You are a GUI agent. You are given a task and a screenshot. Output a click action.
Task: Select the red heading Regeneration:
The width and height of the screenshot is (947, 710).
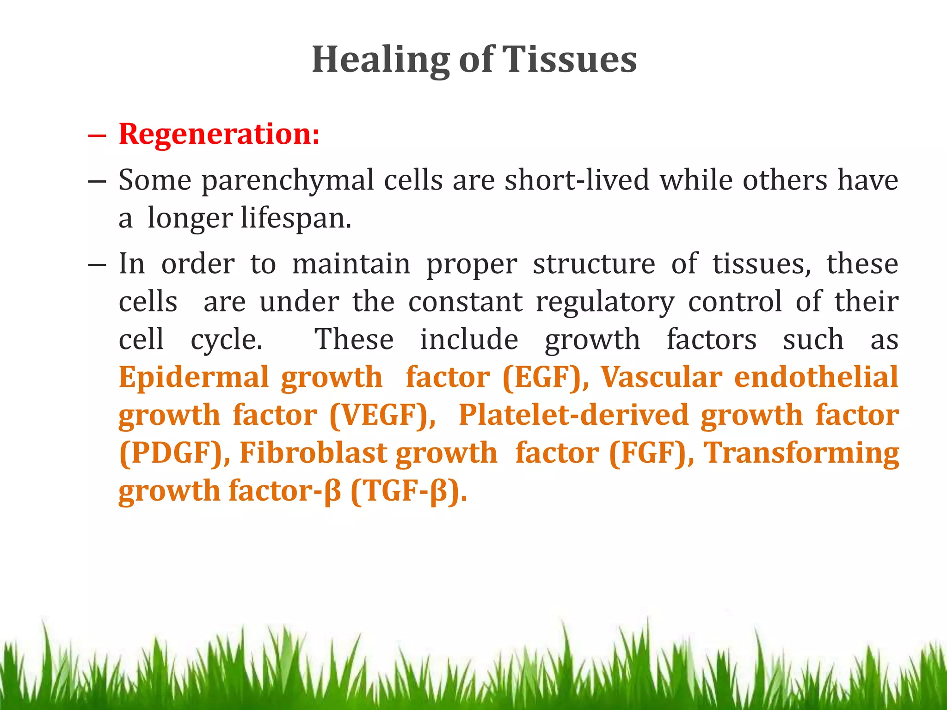click(x=219, y=135)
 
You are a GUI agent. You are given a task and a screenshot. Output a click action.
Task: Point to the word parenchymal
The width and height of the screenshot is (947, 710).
click(x=288, y=181)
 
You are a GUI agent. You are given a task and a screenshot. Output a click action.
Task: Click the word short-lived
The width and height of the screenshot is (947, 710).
click(x=577, y=180)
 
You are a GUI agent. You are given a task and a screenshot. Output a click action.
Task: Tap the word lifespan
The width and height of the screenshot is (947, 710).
click(x=295, y=219)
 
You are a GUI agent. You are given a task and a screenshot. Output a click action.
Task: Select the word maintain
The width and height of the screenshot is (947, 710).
click(x=351, y=264)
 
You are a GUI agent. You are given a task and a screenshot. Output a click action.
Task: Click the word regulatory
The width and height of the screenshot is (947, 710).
click(x=605, y=302)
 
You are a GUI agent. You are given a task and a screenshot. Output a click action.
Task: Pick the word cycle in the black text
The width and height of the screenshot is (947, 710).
click(x=226, y=340)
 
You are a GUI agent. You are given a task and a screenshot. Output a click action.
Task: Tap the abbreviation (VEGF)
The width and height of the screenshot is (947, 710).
click(x=382, y=416)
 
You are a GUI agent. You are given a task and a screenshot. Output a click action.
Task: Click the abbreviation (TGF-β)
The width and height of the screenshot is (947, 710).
click(x=409, y=491)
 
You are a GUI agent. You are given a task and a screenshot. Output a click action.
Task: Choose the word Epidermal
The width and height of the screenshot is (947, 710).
click(x=194, y=378)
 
